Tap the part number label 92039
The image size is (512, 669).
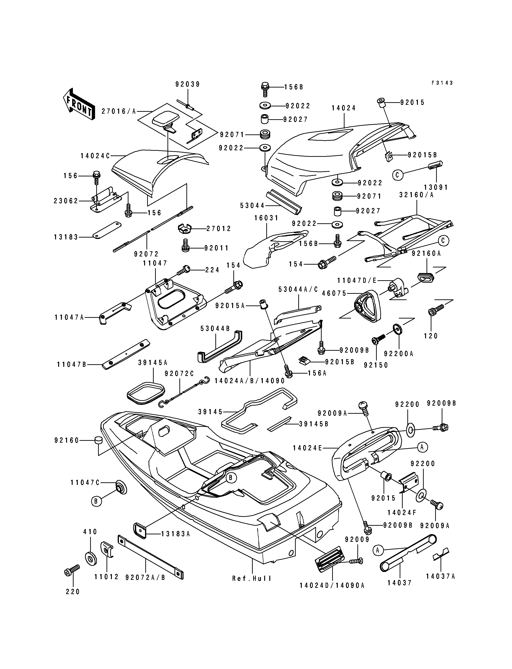(187, 84)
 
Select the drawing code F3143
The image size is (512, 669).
(442, 83)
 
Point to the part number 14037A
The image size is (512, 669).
(440, 576)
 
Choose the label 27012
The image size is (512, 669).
(219, 228)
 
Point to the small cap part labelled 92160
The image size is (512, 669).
(98, 440)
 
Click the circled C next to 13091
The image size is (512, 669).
(397, 175)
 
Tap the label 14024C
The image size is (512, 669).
(95, 156)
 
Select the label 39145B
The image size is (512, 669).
(314, 424)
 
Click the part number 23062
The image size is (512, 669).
(66, 201)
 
